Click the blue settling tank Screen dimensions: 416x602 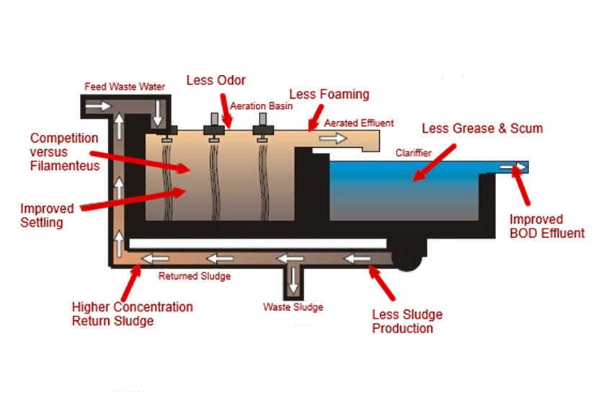coord(404,191)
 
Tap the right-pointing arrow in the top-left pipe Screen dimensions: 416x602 coord(107,106)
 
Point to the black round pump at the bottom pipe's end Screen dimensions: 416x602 coord(408,260)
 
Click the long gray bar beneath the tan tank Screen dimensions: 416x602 coord(260,246)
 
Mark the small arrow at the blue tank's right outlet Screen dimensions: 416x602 coord(519,168)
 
